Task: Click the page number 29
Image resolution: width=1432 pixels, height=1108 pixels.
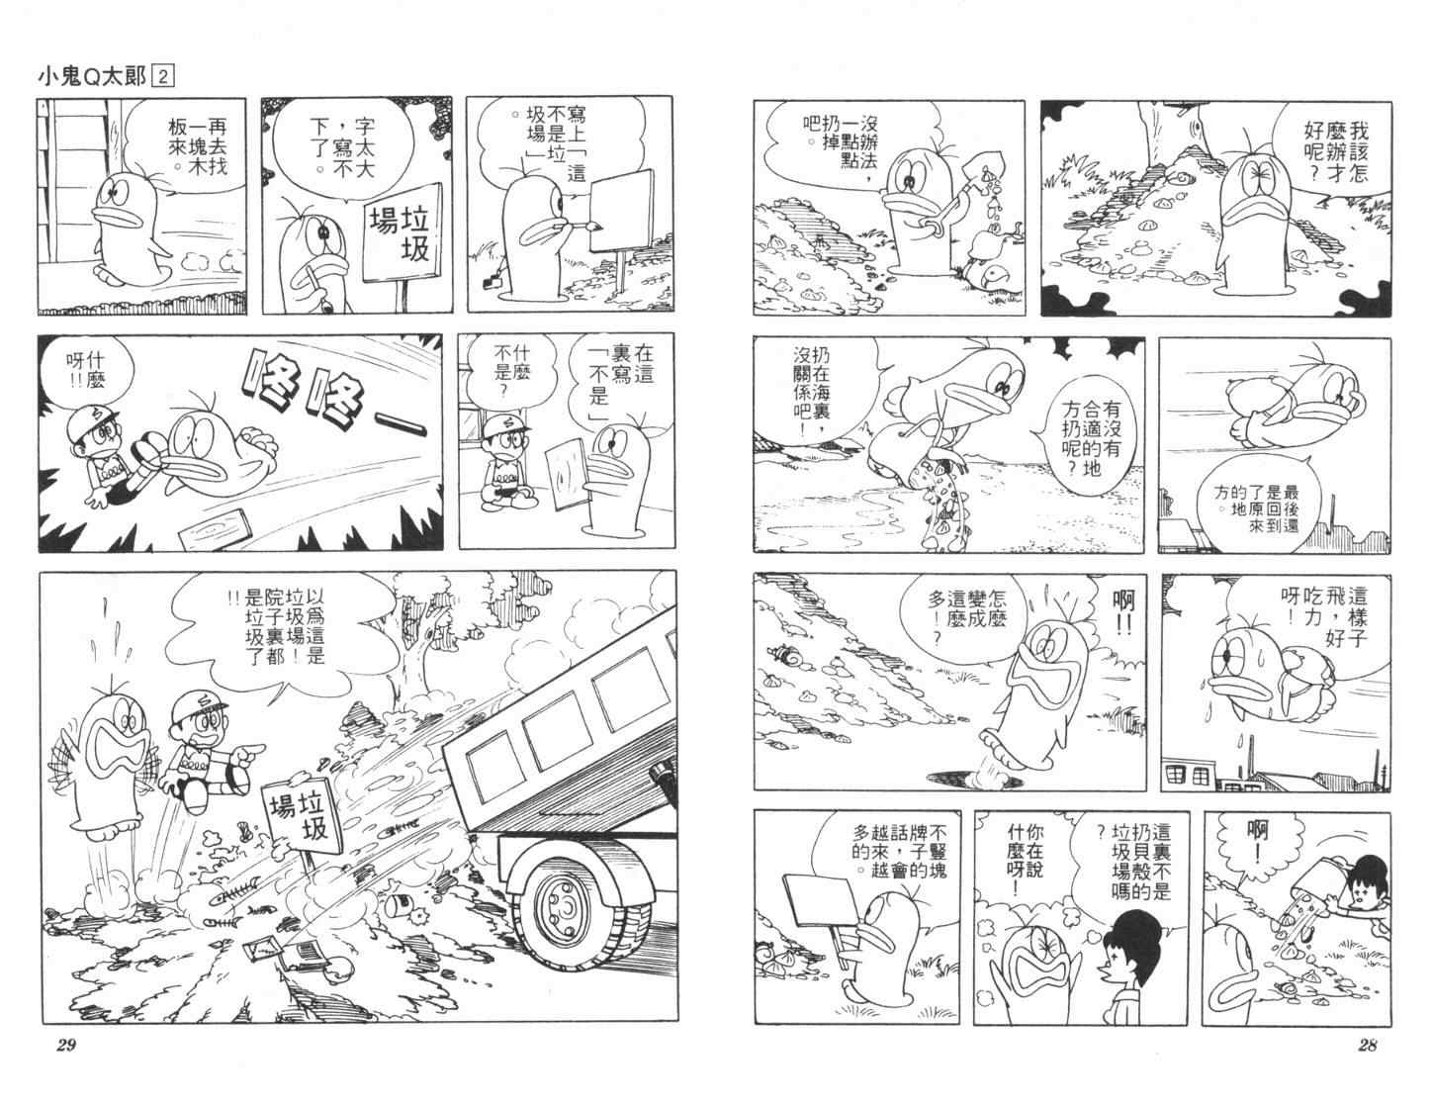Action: pyautogui.click(x=66, y=1046)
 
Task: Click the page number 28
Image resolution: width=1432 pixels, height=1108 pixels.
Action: pyautogui.click(x=1368, y=1045)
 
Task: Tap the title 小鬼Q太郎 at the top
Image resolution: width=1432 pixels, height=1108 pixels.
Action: pyautogui.click(x=92, y=78)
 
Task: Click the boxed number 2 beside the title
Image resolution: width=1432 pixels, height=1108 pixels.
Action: pyautogui.click(x=163, y=78)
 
